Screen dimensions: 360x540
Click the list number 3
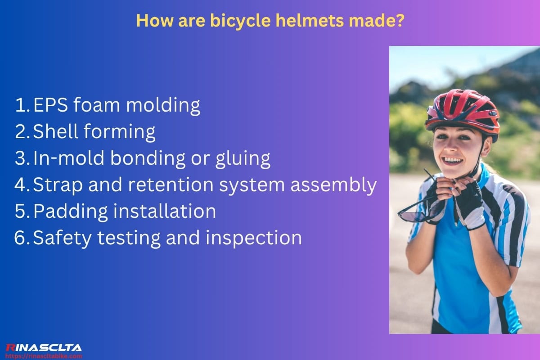click(x=21, y=158)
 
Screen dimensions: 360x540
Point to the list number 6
click(x=21, y=238)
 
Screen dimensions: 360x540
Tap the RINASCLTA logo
click(x=43, y=347)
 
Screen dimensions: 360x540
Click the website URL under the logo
click(x=43, y=356)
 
